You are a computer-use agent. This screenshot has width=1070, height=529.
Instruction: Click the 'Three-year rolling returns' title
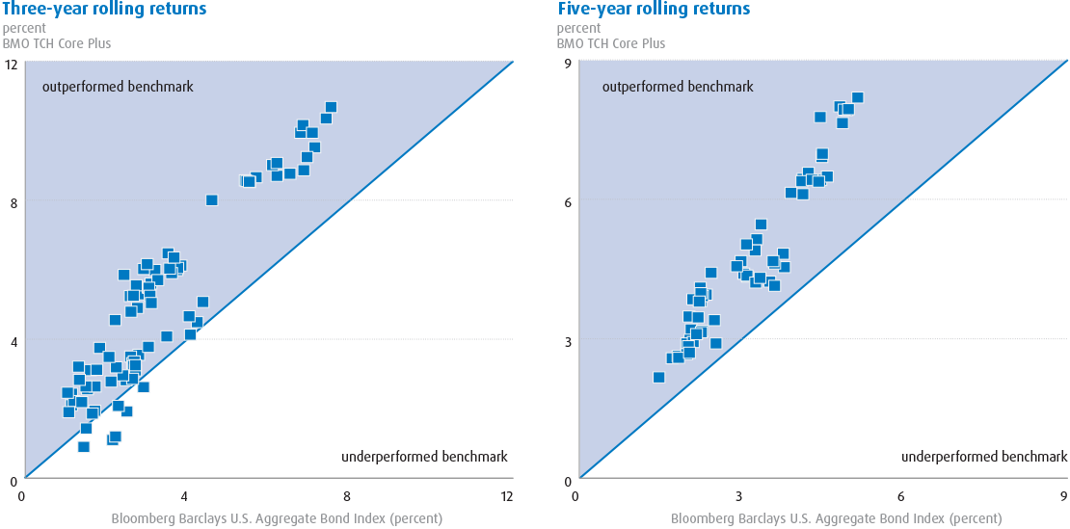[x=104, y=10]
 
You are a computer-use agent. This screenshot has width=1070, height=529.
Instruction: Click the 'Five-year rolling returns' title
[x=654, y=10]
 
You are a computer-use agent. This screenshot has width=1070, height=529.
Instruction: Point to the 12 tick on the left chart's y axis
[x=13, y=65]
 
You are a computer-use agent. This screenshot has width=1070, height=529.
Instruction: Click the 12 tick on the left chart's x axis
[x=507, y=496]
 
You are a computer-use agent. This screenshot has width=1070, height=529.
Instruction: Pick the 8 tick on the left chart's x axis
[x=345, y=496]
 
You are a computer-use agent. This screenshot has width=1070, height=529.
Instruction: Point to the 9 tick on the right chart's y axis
[x=569, y=65]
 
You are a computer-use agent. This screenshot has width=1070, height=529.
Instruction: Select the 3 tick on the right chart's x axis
[x=737, y=496]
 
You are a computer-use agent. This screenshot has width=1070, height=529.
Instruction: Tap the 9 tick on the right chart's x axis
[x=1061, y=496]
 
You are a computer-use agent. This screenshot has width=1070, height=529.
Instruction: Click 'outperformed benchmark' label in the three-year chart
[x=118, y=87]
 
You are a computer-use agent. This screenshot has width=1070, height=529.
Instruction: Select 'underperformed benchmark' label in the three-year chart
[x=424, y=457]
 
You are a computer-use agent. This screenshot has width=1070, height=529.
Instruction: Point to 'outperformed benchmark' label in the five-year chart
[x=678, y=87]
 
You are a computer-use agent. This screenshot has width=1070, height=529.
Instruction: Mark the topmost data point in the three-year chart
[x=331, y=107]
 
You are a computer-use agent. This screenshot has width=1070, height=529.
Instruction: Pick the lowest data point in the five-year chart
[x=658, y=377]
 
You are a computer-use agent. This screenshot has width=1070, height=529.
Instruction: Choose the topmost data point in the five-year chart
[x=857, y=97]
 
